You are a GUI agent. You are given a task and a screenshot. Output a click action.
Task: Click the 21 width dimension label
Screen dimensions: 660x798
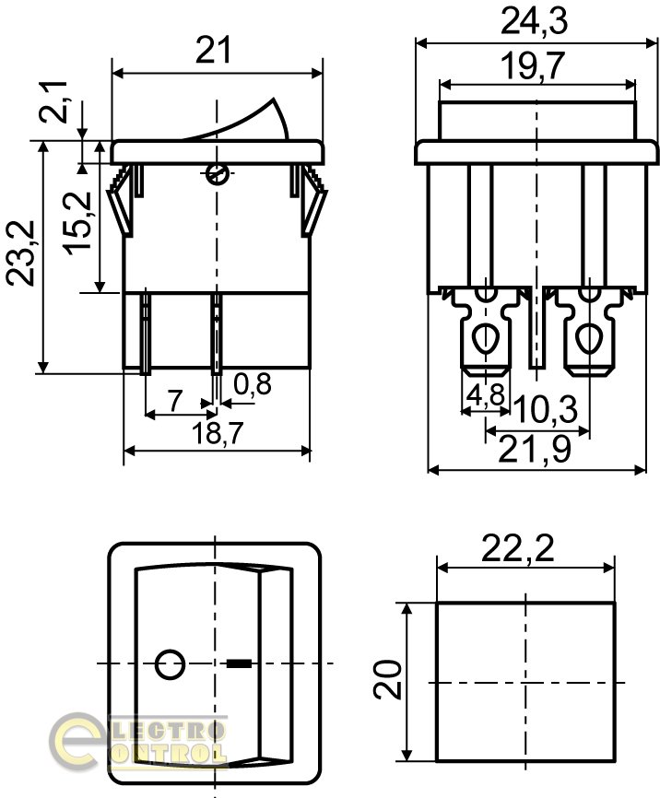213,50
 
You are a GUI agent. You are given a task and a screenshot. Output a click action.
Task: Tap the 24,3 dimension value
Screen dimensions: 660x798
535,22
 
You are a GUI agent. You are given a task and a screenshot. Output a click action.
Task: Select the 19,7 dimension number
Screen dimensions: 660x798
533,66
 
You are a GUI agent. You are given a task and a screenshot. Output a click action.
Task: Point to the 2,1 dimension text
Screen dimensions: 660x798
53,101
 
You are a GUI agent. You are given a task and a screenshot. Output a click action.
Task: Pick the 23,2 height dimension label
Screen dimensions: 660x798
20,252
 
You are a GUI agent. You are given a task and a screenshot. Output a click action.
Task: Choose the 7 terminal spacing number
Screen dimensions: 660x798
175,401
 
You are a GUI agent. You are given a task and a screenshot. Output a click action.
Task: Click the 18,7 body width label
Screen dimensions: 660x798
218,434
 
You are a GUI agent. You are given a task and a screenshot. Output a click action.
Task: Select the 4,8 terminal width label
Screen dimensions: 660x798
486,394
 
